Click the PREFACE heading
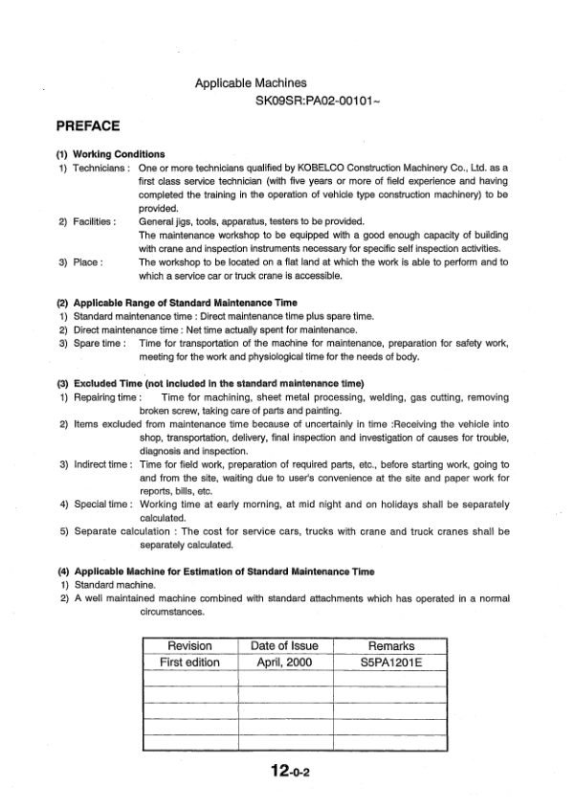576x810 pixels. [x=87, y=125]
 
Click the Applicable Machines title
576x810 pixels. [x=251, y=84]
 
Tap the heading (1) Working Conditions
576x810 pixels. [x=111, y=154]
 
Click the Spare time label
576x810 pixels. [x=100, y=342]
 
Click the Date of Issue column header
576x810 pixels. [x=284, y=646]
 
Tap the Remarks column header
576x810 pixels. [x=389, y=646]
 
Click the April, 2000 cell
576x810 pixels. [x=284, y=663]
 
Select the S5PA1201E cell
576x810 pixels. [x=389, y=663]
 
